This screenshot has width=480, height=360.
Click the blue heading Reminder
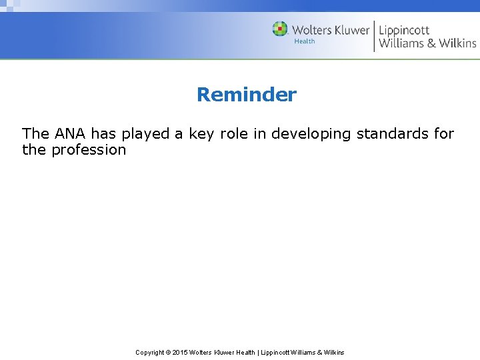coord(246,95)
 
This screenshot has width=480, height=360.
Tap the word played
coord(145,134)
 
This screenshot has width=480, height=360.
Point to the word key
coord(201,134)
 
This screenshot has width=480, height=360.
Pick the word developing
coord(310,134)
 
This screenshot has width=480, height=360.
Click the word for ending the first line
coord(444,133)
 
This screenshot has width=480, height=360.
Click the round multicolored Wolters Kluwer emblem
coord(280,29)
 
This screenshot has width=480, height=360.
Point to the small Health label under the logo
coord(305,41)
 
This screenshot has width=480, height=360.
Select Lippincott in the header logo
coord(404,30)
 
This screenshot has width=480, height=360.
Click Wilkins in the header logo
coord(457,43)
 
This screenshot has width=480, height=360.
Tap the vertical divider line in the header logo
coord(374,36)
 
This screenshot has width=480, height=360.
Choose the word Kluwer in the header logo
coord(347,30)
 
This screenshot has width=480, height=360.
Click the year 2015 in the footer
coord(180,352)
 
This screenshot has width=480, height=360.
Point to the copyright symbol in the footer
coord(167,352)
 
